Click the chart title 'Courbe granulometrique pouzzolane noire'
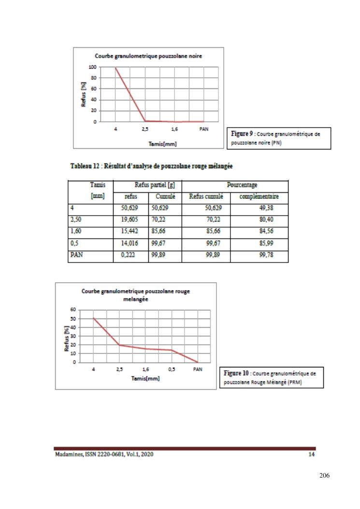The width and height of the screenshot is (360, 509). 148,56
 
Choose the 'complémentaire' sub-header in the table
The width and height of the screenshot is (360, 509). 259,197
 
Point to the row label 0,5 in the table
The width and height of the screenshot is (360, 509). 74,244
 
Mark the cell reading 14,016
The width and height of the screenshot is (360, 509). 130,244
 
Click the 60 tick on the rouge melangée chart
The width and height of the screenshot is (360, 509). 74,309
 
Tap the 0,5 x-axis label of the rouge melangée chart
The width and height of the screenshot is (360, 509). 172,370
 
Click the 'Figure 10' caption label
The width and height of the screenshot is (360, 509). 237,373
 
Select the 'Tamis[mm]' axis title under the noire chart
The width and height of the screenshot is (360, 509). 148,144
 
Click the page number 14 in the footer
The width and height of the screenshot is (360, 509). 311,455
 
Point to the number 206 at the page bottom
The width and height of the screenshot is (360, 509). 324,476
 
